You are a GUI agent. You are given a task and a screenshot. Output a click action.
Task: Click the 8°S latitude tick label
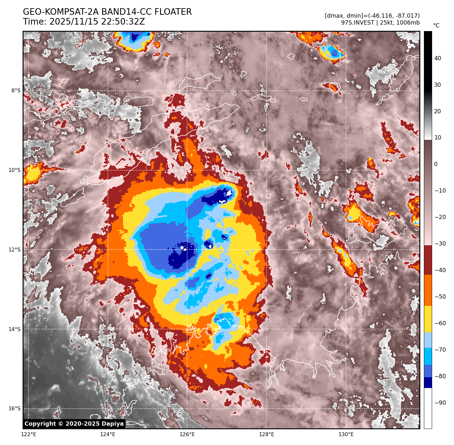[x=16, y=91]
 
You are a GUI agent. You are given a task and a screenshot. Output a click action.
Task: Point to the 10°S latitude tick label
[x=14, y=170]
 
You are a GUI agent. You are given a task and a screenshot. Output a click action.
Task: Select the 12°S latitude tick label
[x=14, y=250]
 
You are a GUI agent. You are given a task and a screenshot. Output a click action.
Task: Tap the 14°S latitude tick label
[x=14, y=329]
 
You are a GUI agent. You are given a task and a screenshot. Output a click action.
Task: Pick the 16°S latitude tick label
[x=14, y=409]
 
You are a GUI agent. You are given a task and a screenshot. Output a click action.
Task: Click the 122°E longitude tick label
[x=28, y=435]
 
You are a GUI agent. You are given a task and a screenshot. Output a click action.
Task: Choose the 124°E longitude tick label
[x=108, y=435]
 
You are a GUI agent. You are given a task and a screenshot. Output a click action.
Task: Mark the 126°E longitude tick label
[x=187, y=435]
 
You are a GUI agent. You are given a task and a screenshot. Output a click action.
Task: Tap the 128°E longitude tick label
[x=267, y=435]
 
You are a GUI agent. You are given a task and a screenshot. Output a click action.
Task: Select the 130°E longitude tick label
[x=346, y=435]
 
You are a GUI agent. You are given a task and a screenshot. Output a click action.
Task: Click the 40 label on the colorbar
[x=438, y=59]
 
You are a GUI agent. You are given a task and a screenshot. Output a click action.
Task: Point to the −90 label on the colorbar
[x=440, y=403]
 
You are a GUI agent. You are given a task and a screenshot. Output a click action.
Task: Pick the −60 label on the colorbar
[x=440, y=323]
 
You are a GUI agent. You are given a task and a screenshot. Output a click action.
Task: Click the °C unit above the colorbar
[x=436, y=26]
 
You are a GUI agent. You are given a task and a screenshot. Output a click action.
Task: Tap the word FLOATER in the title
[x=173, y=12]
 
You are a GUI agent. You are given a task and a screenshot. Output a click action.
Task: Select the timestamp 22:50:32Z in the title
[x=97, y=22]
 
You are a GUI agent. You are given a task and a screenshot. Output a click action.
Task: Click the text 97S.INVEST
[x=358, y=23]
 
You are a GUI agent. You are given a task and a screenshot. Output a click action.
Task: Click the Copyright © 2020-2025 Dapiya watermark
[x=74, y=424]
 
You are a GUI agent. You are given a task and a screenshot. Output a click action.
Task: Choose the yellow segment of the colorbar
[x=428, y=319]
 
